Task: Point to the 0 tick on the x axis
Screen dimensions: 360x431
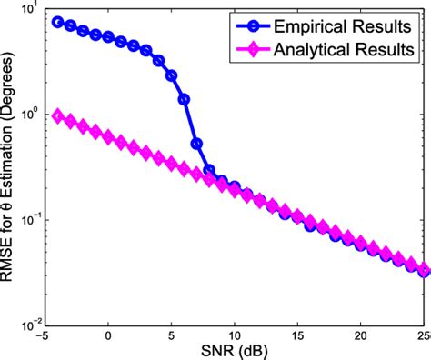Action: click(108, 331)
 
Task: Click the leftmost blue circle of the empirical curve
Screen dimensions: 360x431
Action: click(58, 22)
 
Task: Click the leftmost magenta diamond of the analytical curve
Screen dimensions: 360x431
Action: click(58, 116)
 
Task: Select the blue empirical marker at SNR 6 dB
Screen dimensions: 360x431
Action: click(185, 99)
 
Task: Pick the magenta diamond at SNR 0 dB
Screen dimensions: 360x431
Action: click(108, 137)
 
